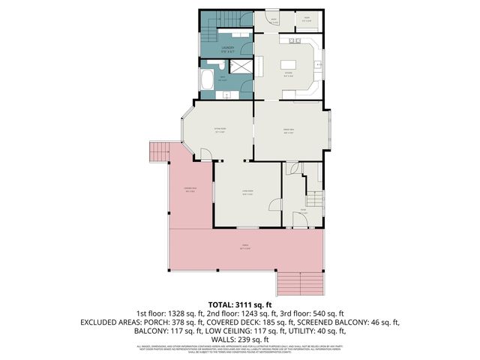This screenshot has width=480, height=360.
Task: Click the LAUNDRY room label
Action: pos(227,48)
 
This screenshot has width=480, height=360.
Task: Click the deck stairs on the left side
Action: pos(158,152)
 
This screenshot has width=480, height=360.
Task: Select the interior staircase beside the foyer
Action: pos(315,200)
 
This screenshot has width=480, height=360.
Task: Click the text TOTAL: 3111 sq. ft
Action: pos(239,304)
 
